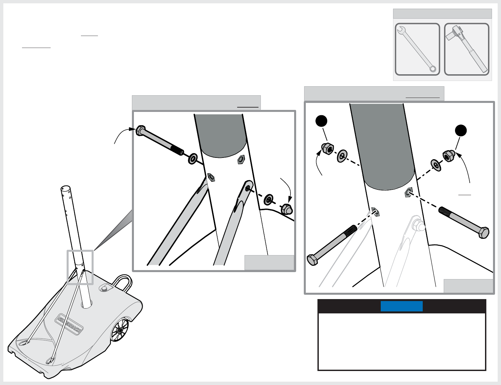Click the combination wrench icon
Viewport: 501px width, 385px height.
[x=417, y=49]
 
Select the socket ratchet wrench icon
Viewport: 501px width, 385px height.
[x=467, y=49]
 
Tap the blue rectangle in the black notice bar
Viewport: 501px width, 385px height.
[x=402, y=306]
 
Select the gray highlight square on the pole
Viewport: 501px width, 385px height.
[x=80, y=267]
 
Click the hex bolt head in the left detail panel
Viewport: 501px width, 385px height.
[x=140, y=130]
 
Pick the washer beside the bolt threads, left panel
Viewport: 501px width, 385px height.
[x=193, y=159]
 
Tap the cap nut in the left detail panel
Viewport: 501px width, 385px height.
[x=286, y=209]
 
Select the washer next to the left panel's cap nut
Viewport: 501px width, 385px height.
[x=268, y=200]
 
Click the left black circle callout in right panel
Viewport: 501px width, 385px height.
[x=321, y=121]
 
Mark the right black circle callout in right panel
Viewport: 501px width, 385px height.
[x=461, y=131]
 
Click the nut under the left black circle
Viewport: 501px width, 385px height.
[x=327, y=149]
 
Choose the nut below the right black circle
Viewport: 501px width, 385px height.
[x=448, y=156]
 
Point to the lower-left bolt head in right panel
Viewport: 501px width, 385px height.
[x=313, y=259]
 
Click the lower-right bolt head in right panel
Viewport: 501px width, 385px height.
[x=484, y=232]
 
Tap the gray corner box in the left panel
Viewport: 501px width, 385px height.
[x=269, y=262]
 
